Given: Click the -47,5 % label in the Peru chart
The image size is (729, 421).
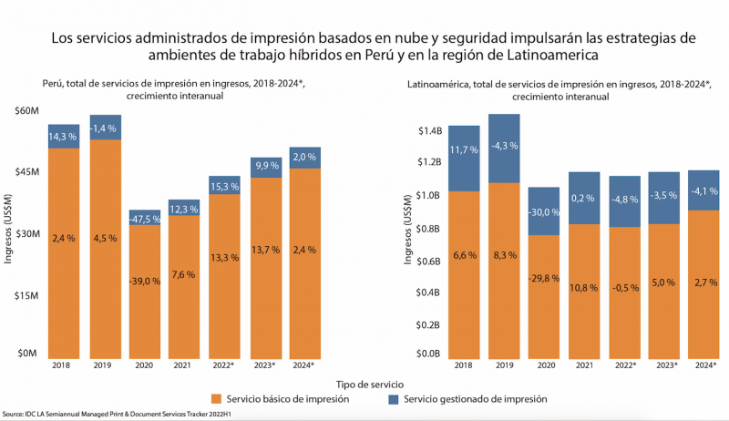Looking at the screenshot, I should tap(145, 219).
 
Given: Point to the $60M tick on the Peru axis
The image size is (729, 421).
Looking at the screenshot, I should tap(25, 111).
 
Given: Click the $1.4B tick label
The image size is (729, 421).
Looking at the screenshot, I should tap(428, 131).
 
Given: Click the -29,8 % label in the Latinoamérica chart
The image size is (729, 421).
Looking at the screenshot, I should tap(544, 277).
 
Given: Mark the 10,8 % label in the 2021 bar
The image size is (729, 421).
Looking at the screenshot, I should tap(584, 288).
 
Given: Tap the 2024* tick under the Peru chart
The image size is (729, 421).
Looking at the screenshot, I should tap(303, 365).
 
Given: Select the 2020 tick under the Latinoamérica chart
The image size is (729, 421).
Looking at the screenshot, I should tap(544, 365).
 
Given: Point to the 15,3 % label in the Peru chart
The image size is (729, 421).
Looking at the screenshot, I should tap(224, 186).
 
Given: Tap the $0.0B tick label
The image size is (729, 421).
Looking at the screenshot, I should tap(428, 354).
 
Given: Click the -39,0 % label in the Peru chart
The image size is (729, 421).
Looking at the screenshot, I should tap(145, 281).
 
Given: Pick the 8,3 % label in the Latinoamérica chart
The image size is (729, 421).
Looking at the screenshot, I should tap(504, 258).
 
